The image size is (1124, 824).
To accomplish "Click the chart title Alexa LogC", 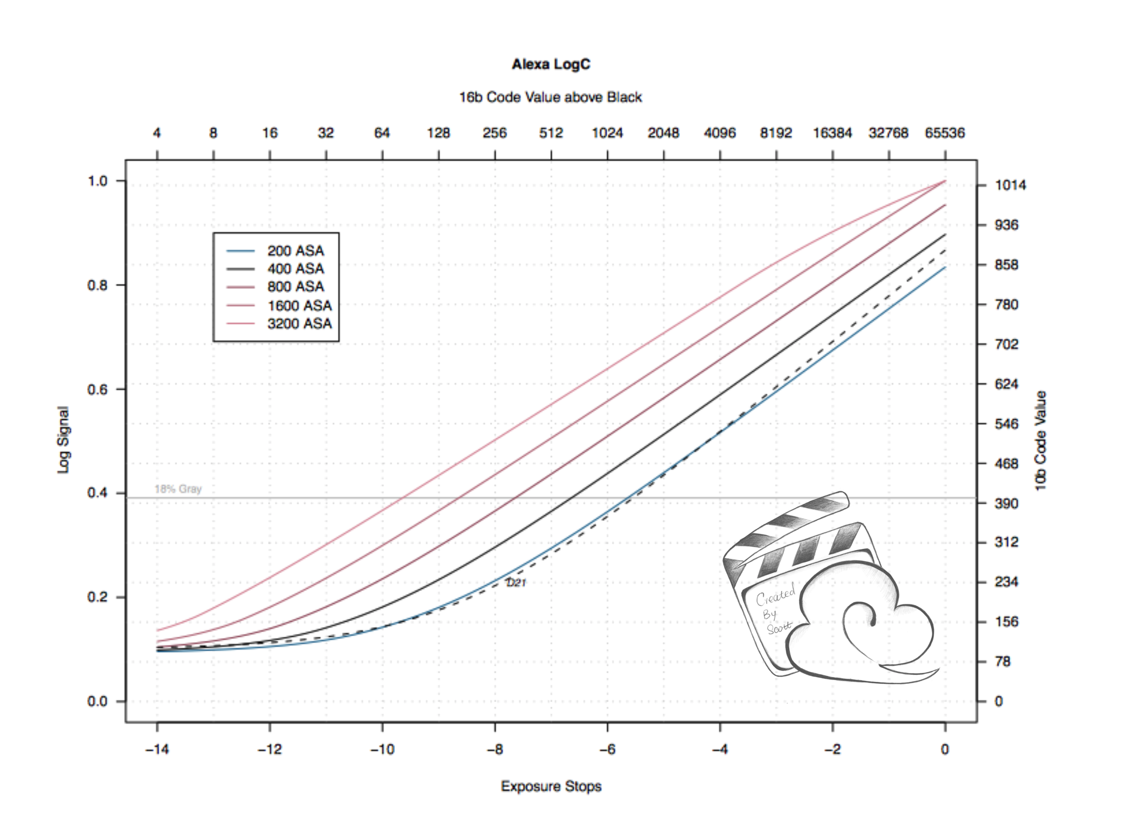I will point(551,64).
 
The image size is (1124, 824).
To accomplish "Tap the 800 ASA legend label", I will point(295,287).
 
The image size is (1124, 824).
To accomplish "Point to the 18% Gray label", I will point(178,489).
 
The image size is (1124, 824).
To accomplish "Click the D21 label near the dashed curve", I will point(516,583).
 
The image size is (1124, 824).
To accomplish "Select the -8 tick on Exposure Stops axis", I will point(495,749).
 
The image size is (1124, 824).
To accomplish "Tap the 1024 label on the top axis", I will point(607,133).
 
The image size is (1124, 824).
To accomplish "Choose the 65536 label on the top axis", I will point(945,133).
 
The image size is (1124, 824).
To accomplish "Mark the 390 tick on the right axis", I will point(1006,504).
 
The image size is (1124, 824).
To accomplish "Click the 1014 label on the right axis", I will point(1010,185).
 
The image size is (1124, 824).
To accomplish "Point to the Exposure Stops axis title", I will point(551,787).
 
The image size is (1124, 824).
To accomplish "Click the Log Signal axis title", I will point(64,440).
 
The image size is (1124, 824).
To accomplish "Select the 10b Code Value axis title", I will point(1040,441).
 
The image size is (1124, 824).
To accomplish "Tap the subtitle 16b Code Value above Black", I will point(550,97).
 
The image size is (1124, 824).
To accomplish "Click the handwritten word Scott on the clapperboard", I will point(779,628).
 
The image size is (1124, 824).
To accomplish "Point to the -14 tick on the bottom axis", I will point(157,749).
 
